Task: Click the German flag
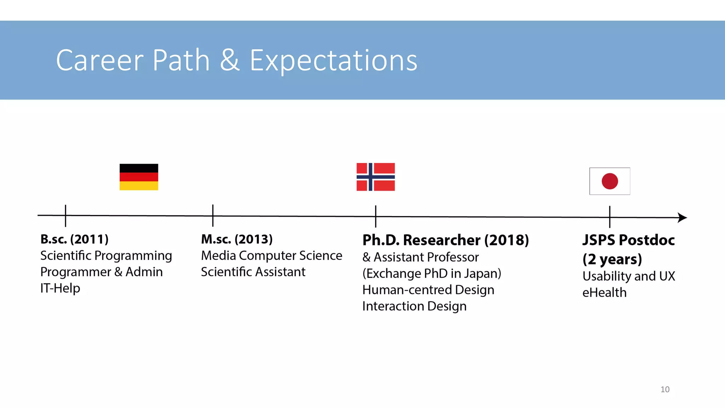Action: [x=139, y=177]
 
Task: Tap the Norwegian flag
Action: [x=376, y=177]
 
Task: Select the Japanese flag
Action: [x=610, y=181]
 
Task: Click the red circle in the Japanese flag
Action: [x=610, y=181]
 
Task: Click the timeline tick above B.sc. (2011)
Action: [x=65, y=215]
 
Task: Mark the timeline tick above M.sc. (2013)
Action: [x=213, y=215]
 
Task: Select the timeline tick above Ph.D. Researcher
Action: [x=376, y=216]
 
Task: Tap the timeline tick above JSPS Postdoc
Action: [x=610, y=217]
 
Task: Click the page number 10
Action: [x=665, y=389]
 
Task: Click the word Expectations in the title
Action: [x=333, y=61]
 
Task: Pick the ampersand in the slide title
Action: [x=230, y=61]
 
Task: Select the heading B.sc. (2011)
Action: [x=74, y=239]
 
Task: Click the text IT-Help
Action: [x=60, y=288]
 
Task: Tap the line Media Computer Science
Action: [x=272, y=255]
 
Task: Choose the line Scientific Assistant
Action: [x=253, y=272]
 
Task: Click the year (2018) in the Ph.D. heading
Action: [x=507, y=240]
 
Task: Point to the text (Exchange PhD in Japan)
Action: [x=432, y=273]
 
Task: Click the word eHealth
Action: [x=604, y=293]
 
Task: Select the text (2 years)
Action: [x=612, y=259]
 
